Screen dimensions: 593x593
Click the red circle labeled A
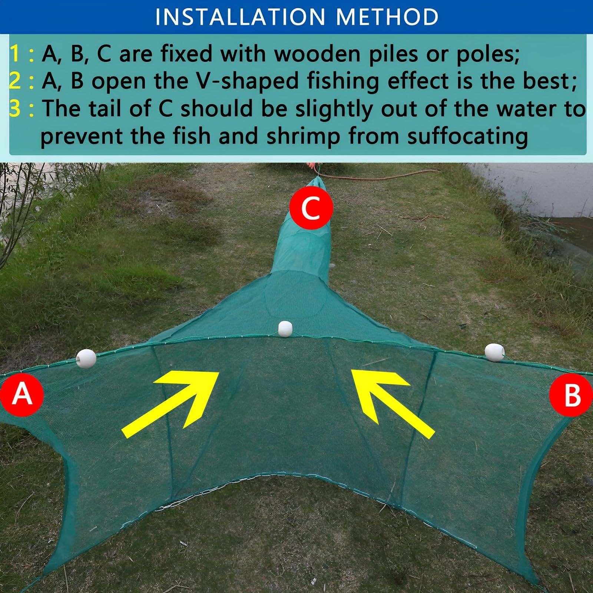(21, 394)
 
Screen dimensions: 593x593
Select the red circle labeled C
(311, 208)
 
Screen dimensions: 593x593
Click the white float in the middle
(285, 329)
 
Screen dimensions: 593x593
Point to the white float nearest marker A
(86, 358)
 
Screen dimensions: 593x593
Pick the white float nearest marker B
(494, 352)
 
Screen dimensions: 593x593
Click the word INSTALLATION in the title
(240, 17)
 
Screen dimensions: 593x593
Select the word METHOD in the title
(387, 17)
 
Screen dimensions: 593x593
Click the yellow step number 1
(15, 54)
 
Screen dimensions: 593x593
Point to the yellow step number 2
(15, 81)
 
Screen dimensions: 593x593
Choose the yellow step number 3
(15, 108)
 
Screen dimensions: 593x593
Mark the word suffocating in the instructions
(468, 136)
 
